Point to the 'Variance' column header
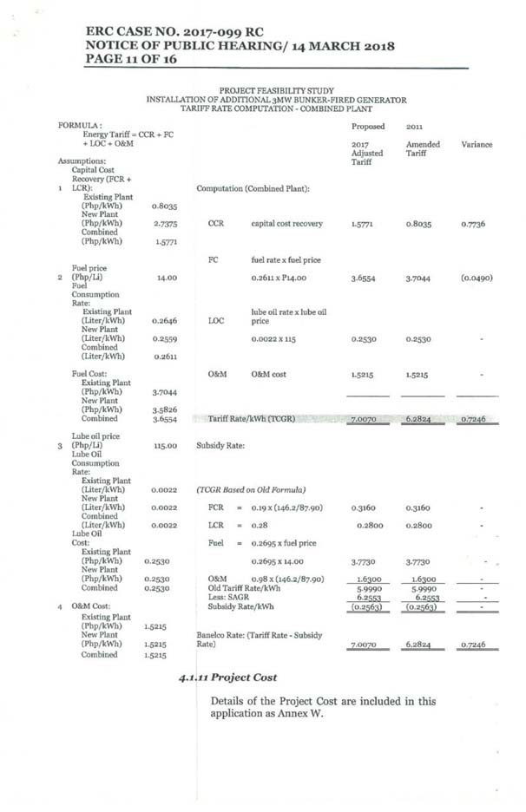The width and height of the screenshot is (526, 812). [477, 144]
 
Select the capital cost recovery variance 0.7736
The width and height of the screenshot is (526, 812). [477, 224]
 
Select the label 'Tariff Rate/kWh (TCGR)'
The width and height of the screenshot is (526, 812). [252, 419]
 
